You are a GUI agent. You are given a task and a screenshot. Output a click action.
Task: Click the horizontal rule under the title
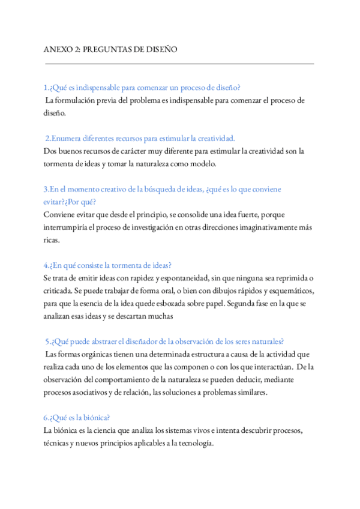[x=179, y=63]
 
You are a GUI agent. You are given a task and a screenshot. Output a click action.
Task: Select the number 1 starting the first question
[x=46, y=88]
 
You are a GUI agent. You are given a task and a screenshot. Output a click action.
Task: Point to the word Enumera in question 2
[x=68, y=138]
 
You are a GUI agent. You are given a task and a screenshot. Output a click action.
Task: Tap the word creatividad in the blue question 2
[x=214, y=138]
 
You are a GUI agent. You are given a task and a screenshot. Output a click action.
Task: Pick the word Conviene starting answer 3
[x=60, y=214]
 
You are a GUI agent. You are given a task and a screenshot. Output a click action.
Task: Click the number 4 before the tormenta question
[x=46, y=265]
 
